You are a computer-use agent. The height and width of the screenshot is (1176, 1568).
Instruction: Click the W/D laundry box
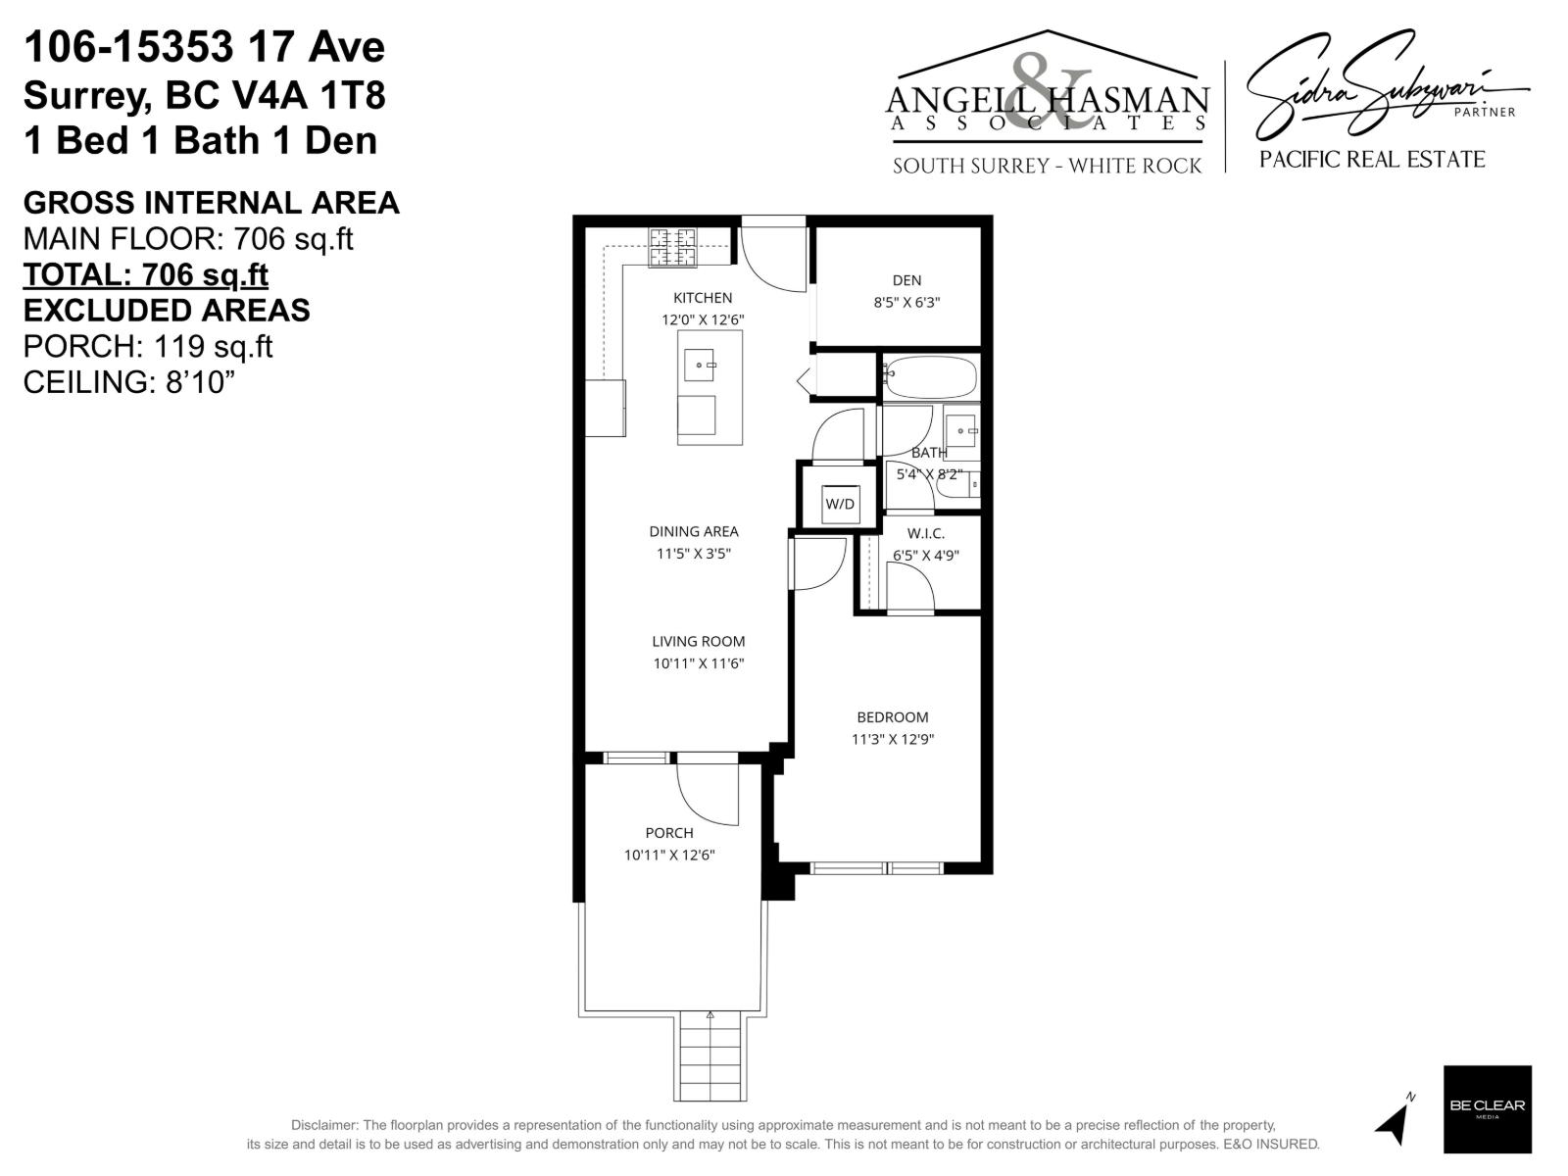click(840, 504)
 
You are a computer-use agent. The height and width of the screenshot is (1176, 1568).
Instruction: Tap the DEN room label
click(906, 280)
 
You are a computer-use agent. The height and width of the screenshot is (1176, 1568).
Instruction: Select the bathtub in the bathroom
click(930, 377)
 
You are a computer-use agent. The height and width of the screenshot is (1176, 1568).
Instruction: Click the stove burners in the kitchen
click(673, 247)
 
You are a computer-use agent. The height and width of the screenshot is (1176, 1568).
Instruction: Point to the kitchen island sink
click(700, 365)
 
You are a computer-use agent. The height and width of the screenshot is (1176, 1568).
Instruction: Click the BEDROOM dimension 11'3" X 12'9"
click(892, 739)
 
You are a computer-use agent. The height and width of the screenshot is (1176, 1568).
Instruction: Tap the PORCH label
click(669, 833)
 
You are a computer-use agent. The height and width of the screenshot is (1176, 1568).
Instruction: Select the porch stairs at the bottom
click(710, 1058)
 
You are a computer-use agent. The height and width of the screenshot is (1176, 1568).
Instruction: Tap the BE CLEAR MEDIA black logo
click(1487, 1108)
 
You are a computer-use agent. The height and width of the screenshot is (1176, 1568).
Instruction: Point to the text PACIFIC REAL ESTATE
click(1372, 160)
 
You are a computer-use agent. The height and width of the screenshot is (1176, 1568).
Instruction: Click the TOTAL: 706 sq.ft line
click(145, 274)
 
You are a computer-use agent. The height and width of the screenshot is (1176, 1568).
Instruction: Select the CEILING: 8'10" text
click(129, 382)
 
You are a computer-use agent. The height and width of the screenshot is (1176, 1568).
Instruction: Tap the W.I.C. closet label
click(925, 533)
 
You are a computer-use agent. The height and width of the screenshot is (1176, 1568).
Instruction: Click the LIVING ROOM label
click(699, 642)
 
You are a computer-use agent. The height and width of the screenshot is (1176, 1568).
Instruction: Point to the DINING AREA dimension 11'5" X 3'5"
click(694, 553)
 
